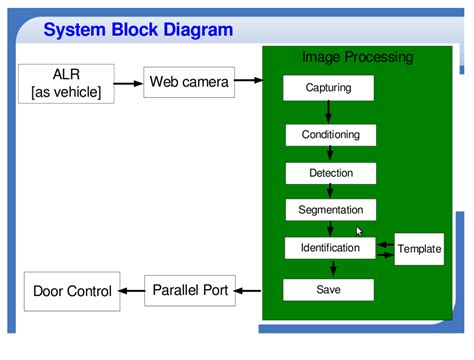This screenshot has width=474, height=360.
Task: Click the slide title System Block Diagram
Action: [138, 29]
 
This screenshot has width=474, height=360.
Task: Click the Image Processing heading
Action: [357, 57]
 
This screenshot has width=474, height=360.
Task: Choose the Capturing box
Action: [329, 88]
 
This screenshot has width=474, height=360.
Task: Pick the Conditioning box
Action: [330, 134]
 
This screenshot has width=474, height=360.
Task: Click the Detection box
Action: [330, 173]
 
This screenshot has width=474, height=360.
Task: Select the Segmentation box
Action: [330, 210]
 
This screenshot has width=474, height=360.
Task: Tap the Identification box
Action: [330, 248]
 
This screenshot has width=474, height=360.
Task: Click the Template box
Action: [419, 249]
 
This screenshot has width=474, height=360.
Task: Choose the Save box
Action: [329, 290]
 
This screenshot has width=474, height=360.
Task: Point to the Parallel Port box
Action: [190, 291]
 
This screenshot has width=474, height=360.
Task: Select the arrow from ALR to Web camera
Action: [130, 82]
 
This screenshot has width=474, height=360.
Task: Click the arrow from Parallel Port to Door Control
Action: [131, 291]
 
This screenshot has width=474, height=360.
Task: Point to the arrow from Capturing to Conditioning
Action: [329, 112]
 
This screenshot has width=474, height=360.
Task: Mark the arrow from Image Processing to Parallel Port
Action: [249, 291]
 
